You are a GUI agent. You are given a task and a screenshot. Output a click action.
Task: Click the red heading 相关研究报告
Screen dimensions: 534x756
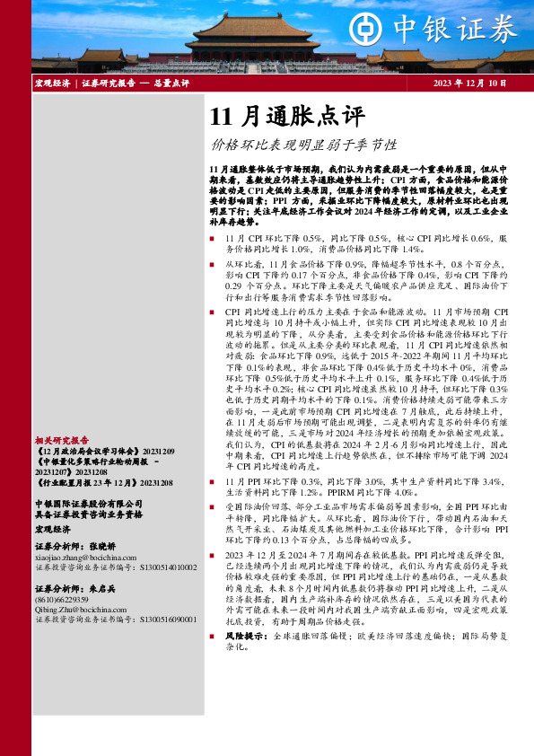62,441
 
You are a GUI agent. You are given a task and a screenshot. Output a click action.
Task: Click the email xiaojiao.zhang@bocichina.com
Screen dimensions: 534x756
85,558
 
